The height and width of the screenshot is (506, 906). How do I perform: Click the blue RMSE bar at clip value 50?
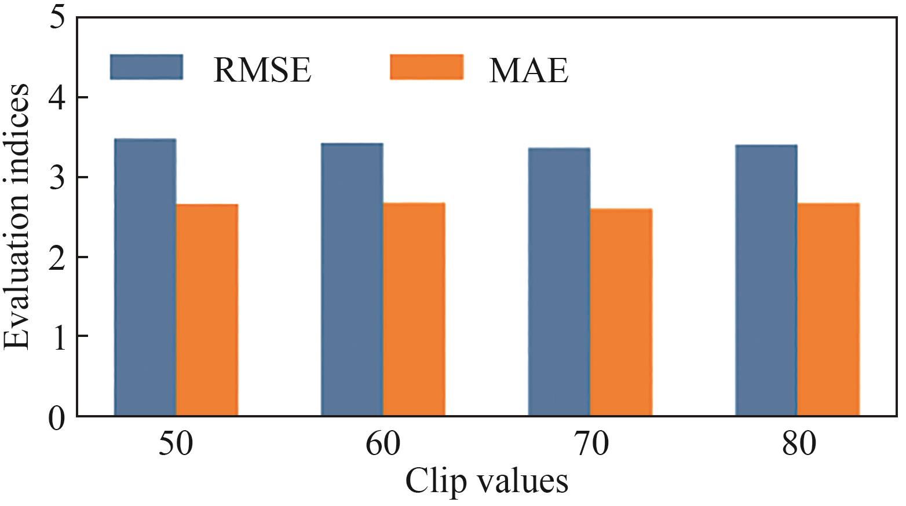click(x=145, y=277)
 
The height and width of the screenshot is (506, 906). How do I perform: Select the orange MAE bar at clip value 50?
click(x=207, y=310)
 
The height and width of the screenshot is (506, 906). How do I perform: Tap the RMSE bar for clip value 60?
click(x=352, y=279)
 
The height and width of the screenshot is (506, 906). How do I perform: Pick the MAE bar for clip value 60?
click(x=414, y=309)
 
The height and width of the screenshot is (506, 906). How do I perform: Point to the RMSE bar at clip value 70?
click(x=559, y=282)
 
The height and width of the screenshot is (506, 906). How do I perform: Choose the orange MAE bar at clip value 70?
click(x=621, y=312)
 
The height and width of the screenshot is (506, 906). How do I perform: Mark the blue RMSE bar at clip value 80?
click(x=766, y=280)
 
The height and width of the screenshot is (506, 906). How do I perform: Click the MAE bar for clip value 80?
click(x=828, y=309)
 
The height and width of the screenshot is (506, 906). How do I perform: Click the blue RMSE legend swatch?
click(x=147, y=67)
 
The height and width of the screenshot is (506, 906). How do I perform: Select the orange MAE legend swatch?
click(x=426, y=67)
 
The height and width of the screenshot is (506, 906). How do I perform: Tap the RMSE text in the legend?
click(x=262, y=70)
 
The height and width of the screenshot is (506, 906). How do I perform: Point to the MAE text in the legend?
click(x=529, y=70)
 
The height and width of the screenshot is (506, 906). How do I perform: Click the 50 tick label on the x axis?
click(x=176, y=445)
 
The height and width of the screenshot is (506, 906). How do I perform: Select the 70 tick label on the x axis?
click(x=591, y=445)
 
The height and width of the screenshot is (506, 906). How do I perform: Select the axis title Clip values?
click(x=487, y=481)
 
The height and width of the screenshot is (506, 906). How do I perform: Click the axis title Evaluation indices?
click(x=17, y=216)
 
